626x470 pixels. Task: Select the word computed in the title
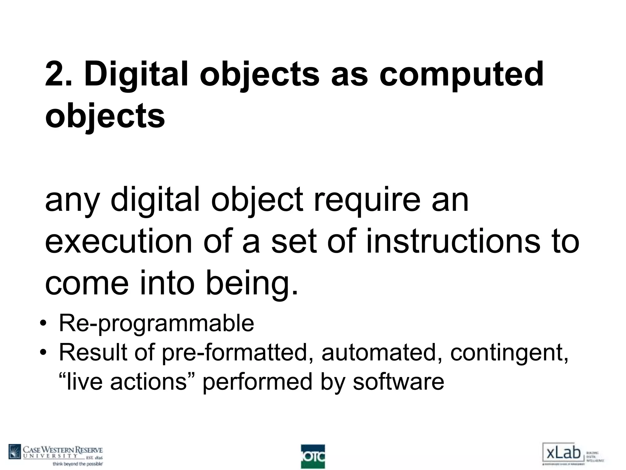click(461, 74)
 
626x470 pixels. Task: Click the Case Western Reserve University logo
click(56, 455)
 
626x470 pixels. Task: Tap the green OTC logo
click(313, 456)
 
